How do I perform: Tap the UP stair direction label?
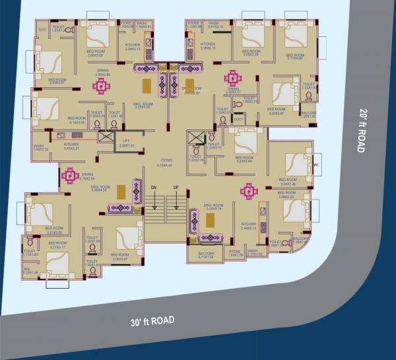[x=176, y=188]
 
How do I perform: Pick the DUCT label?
[x=237, y=120]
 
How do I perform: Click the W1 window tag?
[x=317, y=164]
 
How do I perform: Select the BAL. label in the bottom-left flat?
[x=28, y=270]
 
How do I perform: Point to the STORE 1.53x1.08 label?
[x=234, y=253]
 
